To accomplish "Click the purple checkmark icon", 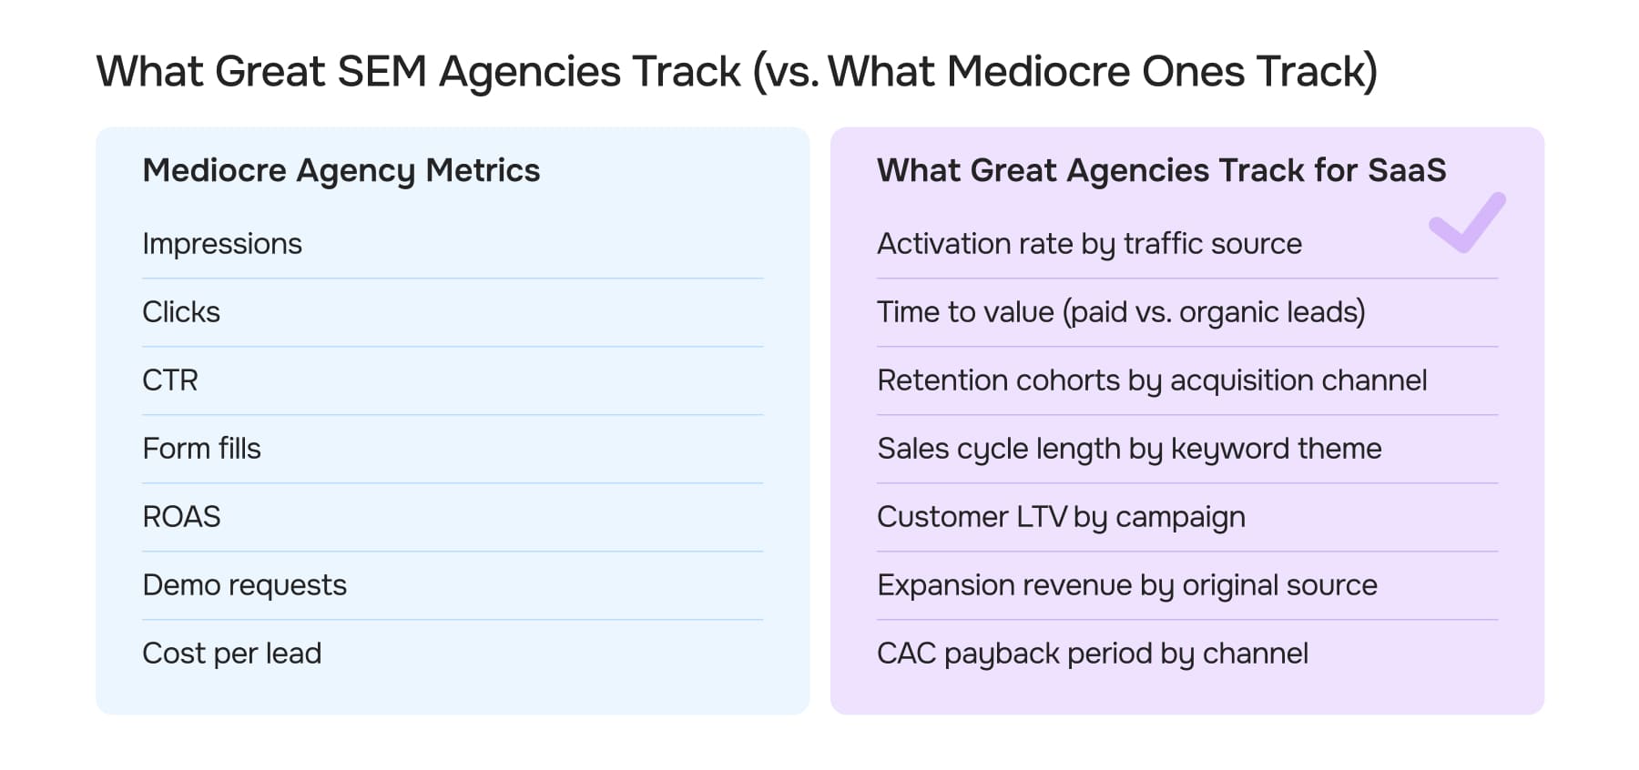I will pyautogui.click(x=1467, y=223).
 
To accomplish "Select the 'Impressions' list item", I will pyautogui.click(x=222, y=244).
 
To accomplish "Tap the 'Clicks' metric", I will pyautogui.click(x=181, y=312).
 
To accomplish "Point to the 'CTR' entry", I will pyautogui.click(x=170, y=380).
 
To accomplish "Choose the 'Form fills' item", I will pyautogui.click(x=201, y=449).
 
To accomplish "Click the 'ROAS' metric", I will pyautogui.click(x=181, y=517).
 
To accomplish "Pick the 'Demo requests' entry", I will pyautogui.click(x=244, y=585).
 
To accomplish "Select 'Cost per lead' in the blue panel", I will pyautogui.click(x=231, y=653).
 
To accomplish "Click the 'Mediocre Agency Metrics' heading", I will pyautogui.click(x=341, y=171).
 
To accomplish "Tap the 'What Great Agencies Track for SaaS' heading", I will pyautogui.click(x=1161, y=171).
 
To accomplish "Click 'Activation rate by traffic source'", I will pyautogui.click(x=1089, y=244).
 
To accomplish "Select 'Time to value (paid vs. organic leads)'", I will pyautogui.click(x=1121, y=312).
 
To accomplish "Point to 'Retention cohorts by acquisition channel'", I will pyautogui.click(x=1152, y=380).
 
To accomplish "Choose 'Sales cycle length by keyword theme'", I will pyautogui.click(x=1129, y=449).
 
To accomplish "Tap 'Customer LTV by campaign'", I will pyautogui.click(x=1061, y=517).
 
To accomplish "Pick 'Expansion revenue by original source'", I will pyautogui.click(x=1126, y=585).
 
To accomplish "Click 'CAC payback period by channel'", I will pyautogui.click(x=1092, y=653).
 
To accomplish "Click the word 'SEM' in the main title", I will pyautogui.click(x=382, y=72).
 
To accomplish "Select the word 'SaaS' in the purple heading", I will pyautogui.click(x=1407, y=171).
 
